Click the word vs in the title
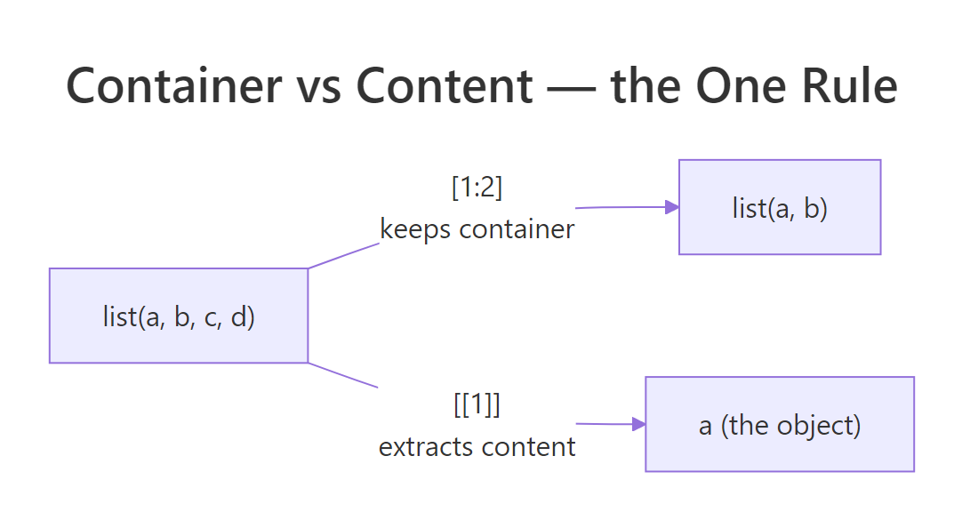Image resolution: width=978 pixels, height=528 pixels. pos(313,86)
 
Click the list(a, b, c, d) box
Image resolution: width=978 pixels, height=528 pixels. pos(179,316)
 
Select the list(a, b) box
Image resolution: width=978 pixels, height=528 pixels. pos(780,207)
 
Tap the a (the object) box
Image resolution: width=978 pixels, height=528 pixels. pos(780,424)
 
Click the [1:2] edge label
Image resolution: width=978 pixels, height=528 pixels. pos(477,188)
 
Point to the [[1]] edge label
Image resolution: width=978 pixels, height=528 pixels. pos(477,405)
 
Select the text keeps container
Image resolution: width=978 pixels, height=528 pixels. pos(477,229)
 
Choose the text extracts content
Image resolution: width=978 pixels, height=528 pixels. pos(477,446)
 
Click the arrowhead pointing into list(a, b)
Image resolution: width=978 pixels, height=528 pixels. pos(673,207)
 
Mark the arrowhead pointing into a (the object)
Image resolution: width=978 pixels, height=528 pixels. pos(638,424)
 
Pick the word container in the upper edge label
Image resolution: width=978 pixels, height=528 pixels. pos(517,229)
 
